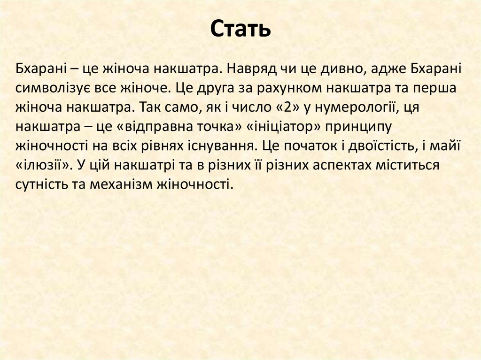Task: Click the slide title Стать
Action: [240, 30]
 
